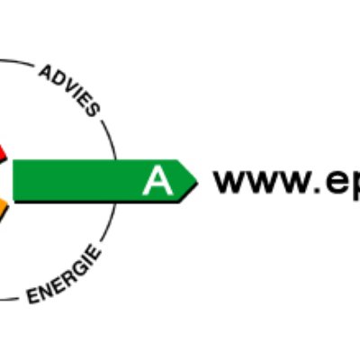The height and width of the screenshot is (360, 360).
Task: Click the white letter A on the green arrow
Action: click(x=157, y=182)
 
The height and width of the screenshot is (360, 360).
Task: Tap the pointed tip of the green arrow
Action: click(x=198, y=181)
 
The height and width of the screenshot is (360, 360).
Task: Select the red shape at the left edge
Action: click(x=3, y=153)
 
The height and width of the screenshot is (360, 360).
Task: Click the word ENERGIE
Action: click(x=64, y=274)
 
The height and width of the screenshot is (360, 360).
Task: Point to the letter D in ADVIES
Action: click(x=57, y=78)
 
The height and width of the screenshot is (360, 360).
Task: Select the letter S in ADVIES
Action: click(x=92, y=110)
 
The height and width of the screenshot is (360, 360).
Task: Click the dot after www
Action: click(x=318, y=189)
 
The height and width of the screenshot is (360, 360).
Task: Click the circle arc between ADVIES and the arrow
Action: click(x=111, y=139)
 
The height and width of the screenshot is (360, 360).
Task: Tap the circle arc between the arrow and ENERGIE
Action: click(x=110, y=223)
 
